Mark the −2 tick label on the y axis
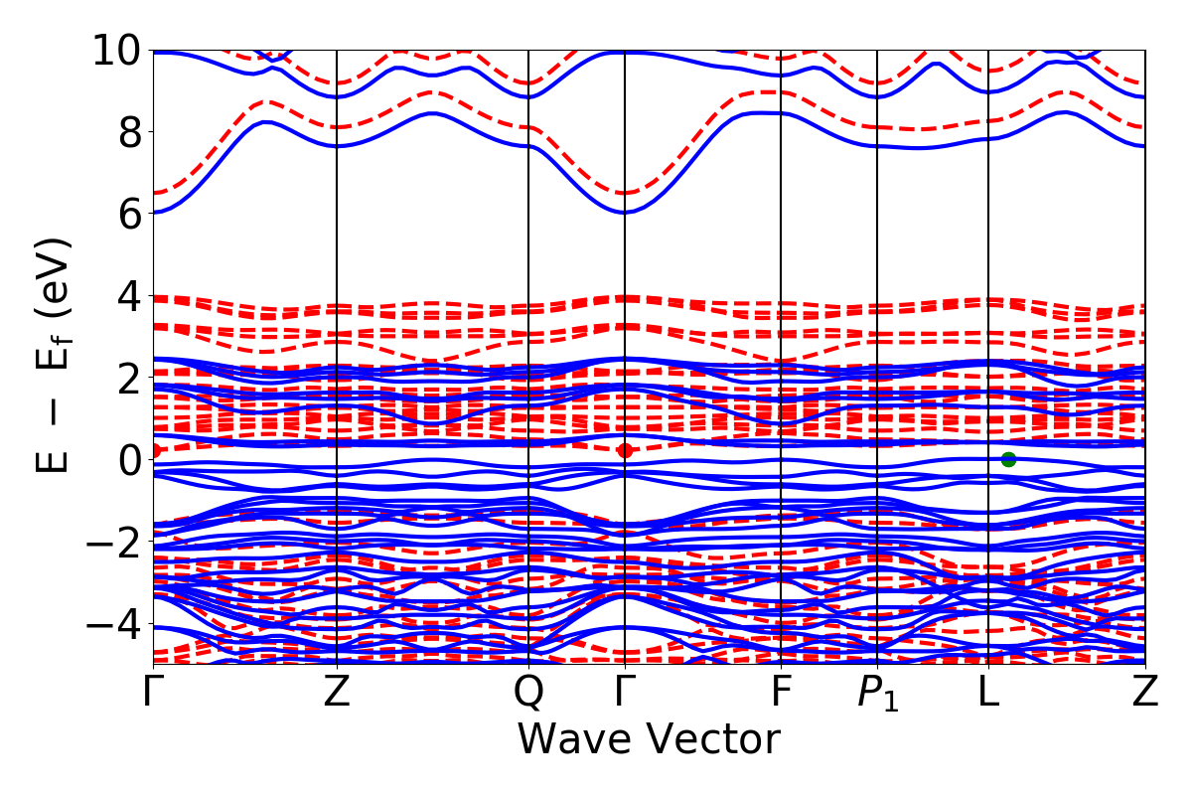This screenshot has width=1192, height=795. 113,543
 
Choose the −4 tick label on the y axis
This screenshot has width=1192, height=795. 113,624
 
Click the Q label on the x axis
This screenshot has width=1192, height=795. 528,693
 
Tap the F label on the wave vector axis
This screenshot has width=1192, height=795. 782,693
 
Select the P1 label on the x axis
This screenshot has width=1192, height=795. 877,694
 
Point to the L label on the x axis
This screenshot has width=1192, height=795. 988,693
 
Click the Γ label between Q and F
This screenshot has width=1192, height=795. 624,693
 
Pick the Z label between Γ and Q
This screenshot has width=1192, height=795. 338,693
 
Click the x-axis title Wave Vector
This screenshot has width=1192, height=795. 648,740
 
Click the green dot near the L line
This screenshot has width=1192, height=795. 1008,459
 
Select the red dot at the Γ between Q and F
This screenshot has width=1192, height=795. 624,450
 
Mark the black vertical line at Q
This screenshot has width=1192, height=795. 528,298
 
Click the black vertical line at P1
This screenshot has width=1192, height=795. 877,298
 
